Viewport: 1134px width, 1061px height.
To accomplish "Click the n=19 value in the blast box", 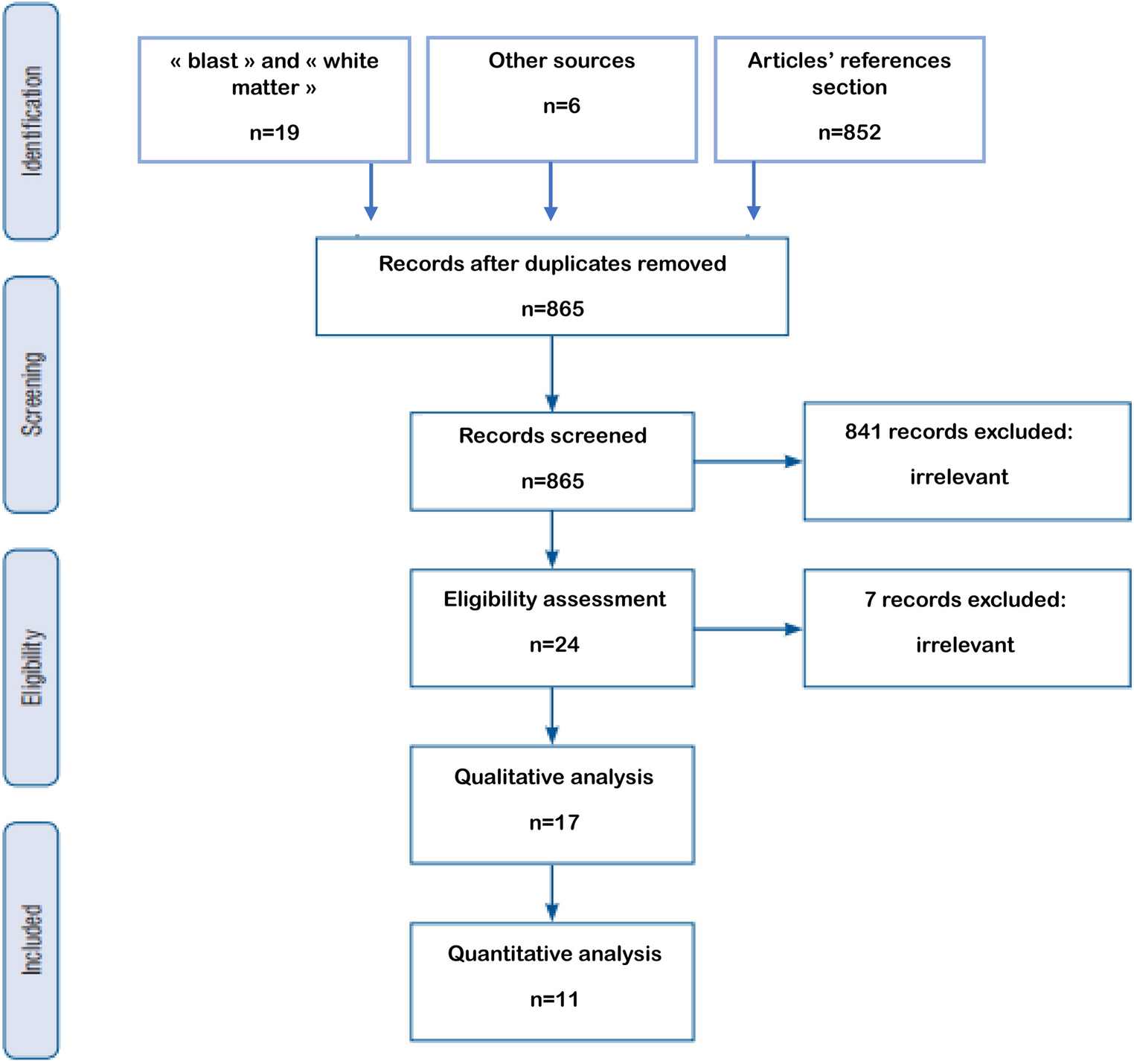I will click(x=274, y=132).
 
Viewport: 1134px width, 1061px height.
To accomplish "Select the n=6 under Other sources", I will click(x=561, y=106).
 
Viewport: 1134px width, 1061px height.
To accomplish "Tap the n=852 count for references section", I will click(x=849, y=132).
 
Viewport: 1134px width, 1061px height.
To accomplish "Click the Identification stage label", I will click(x=31, y=121).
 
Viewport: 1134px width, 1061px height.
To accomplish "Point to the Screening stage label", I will click(x=31, y=394).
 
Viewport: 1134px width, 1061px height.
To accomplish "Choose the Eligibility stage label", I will click(x=31, y=667).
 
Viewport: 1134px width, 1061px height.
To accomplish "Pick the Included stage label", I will click(x=31, y=940).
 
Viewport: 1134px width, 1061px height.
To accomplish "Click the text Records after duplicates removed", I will click(x=552, y=264).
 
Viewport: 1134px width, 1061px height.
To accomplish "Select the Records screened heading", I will click(x=552, y=435).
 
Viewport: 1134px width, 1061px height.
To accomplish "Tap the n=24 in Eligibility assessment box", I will click(x=554, y=644).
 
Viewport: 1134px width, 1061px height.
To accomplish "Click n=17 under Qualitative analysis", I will click(x=554, y=822).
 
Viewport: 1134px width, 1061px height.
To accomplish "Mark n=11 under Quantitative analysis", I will click(x=554, y=999).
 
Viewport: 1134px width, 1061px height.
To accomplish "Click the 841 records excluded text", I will click(x=958, y=432).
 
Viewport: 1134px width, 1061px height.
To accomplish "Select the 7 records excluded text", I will click(x=964, y=600).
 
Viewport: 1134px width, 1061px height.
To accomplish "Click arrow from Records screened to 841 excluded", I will click(x=748, y=461).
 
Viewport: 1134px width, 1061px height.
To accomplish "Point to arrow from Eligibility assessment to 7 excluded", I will click(x=748, y=629).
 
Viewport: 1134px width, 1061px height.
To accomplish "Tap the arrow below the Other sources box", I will click(x=551, y=191).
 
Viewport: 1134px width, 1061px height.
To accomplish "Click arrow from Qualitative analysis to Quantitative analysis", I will click(x=551, y=893).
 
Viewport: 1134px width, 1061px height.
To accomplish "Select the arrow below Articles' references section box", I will click(x=753, y=191).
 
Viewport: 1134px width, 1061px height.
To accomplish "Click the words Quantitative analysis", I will click(x=554, y=954).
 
